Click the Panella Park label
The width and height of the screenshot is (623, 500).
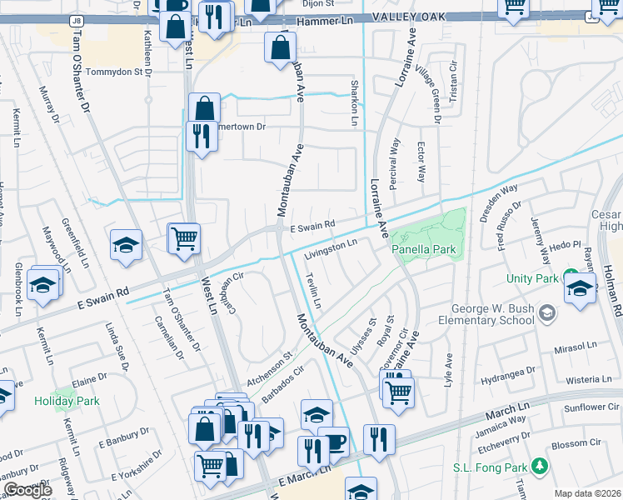pyautogui.click(x=425, y=248)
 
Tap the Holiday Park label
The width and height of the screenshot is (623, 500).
pyautogui.click(x=67, y=401)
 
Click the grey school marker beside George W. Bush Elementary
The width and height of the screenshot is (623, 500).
pyautogui.click(x=547, y=313)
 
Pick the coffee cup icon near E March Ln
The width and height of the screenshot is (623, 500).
pyautogui.click(x=335, y=442)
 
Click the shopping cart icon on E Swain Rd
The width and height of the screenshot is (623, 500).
pyautogui.click(x=184, y=237)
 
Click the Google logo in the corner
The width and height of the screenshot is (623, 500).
pyautogui.click(x=27, y=490)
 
